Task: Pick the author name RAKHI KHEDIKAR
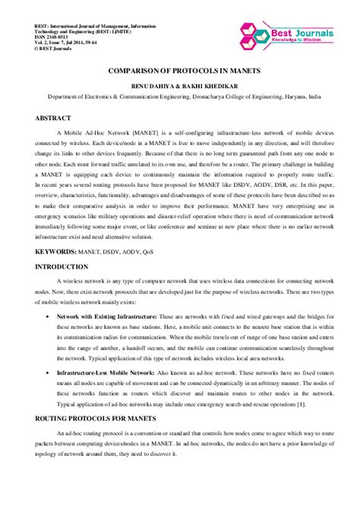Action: click(207, 87)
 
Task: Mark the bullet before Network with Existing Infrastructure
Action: click(49, 315)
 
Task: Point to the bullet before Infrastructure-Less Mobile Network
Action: click(49, 374)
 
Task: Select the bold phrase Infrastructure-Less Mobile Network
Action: click(105, 374)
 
